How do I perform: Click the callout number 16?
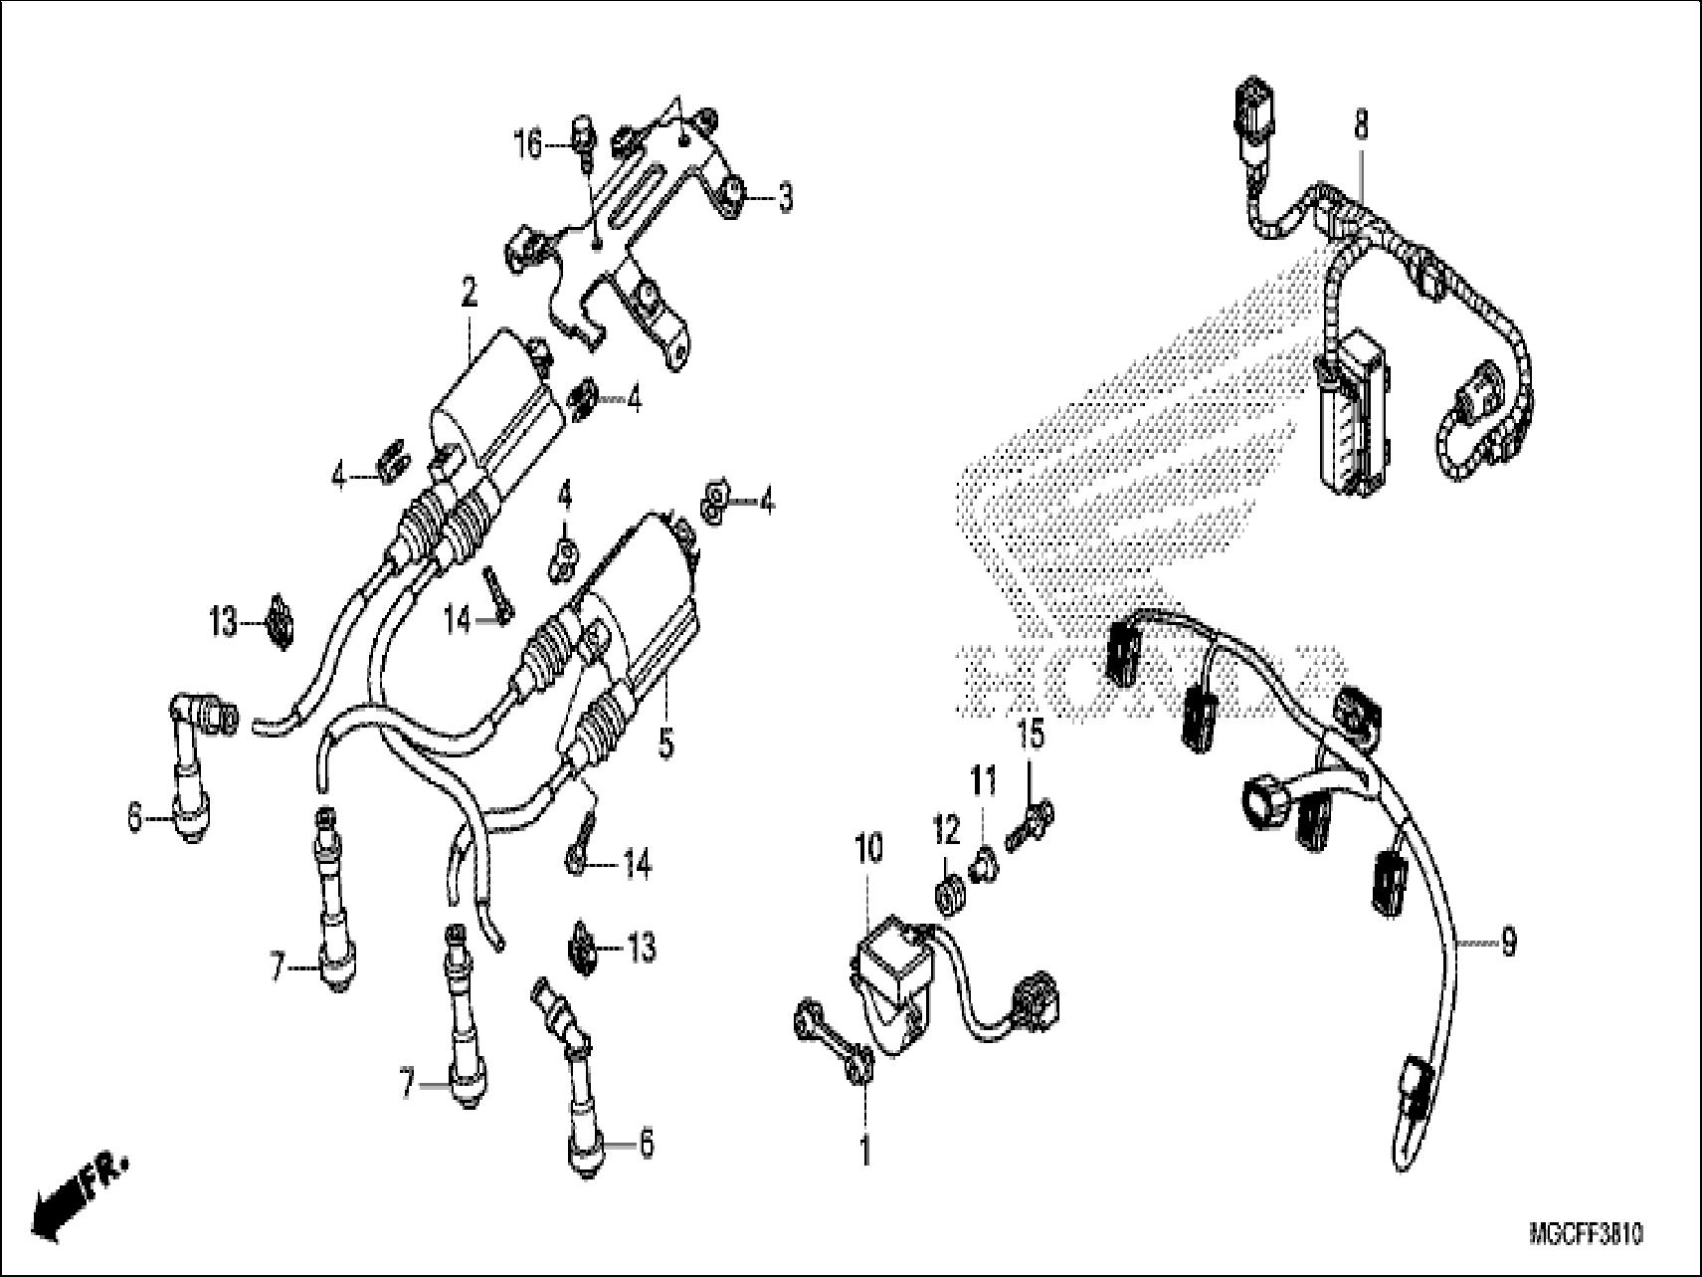[528, 145]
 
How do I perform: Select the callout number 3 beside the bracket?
[785, 198]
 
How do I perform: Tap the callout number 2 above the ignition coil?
[469, 292]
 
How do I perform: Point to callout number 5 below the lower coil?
[665, 742]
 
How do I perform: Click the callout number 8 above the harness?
[1361, 126]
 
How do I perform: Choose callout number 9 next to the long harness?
[1508, 942]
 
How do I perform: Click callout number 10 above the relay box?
[867, 849]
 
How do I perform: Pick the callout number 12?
[945, 827]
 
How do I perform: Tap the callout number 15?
[1031, 736]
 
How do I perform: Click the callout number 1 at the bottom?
[864, 1151]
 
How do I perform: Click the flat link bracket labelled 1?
[834, 1045]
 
